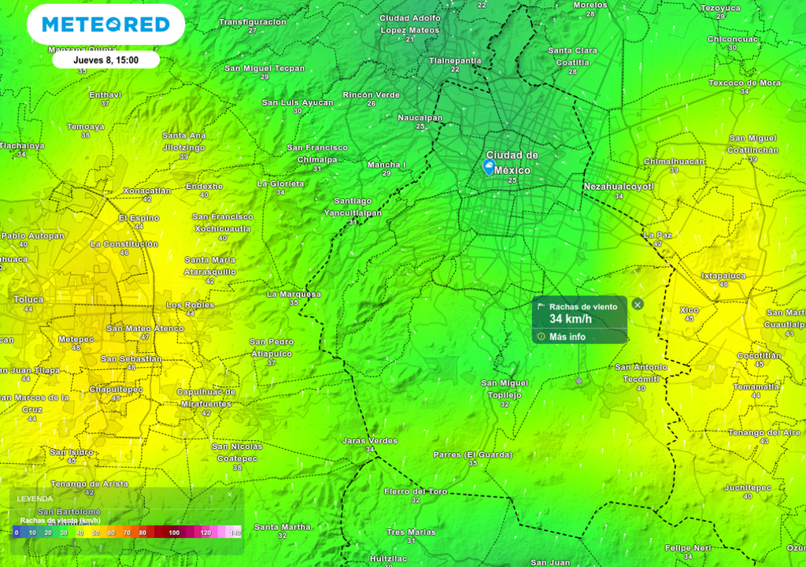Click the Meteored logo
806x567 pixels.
(105, 24)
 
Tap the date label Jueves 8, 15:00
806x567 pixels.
(105, 60)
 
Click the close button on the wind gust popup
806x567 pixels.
(638, 304)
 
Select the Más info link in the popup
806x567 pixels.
(567, 337)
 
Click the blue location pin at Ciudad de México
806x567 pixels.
(489, 166)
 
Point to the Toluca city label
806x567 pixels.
(28, 299)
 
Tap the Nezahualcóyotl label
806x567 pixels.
(619, 187)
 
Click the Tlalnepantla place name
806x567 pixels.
(455, 61)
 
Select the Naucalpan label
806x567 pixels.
(420, 117)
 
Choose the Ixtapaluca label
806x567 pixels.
(723, 276)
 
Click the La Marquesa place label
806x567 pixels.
(294, 295)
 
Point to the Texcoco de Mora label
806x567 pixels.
(744, 83)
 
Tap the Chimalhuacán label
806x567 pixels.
(674, 161)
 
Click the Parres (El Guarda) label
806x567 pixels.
(472, 454)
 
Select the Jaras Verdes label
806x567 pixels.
(370, 441)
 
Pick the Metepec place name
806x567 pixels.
(76, 339)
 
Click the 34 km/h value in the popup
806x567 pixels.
(571, 319)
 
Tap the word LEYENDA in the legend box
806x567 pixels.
(35, 498)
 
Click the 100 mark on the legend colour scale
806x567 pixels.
(173, 533)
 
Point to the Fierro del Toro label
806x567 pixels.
(416, 491)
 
